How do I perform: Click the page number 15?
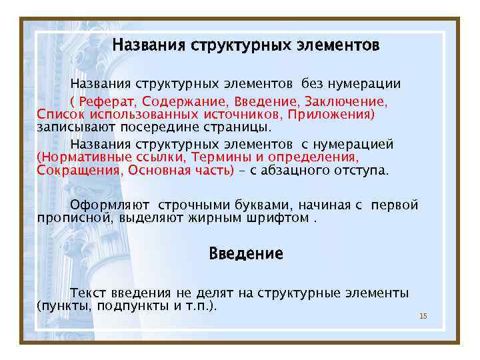tap(423, 316)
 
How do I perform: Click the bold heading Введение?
tap(246, 254)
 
